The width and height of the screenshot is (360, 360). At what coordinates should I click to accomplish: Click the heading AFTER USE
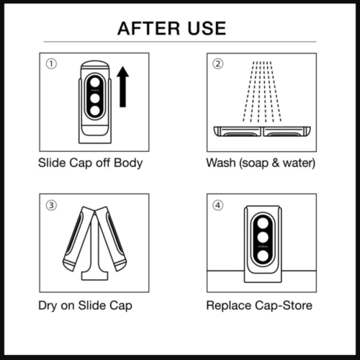coord(171,28)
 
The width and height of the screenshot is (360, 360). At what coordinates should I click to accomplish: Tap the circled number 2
coord(218,63)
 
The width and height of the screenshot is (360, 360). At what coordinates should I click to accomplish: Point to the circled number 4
coord(218,204)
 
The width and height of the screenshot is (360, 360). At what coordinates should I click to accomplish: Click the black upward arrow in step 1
coord(123,87)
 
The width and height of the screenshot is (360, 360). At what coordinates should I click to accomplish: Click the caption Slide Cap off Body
coord(90,163)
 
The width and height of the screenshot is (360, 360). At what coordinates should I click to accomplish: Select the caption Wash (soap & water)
coord(261,163)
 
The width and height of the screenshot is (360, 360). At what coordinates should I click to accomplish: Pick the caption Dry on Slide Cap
coord(85,305)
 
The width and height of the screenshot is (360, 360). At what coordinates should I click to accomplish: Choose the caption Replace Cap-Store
coord(259,305)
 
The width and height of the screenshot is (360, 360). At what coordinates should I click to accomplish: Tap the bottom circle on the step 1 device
coord(94,112)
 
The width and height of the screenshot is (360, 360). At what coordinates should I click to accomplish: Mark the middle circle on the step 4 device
coord(262,238)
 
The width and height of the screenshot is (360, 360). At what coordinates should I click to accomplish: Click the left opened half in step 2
coord(239,132)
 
